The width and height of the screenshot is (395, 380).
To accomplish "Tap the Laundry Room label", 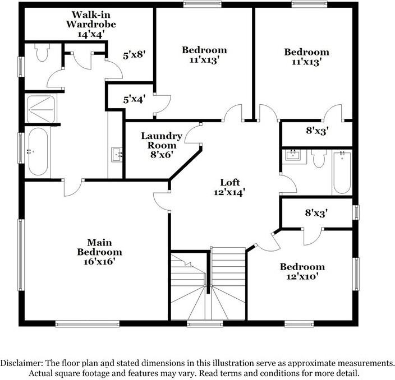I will pyautogui.click(x=161, y=145).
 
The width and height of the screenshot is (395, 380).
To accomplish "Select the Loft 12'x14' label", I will pyautogui.click(x=230, y=187).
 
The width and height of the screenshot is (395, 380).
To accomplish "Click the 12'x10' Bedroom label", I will pyautogui.click(x=302, y=271).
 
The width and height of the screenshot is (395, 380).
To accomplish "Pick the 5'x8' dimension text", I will pyautogui.click(x=134, y=55).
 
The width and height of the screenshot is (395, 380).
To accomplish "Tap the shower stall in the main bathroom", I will pyautogui.click(x=41, y=109).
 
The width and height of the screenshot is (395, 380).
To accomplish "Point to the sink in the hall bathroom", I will pyautogui.click(x=293, y=155).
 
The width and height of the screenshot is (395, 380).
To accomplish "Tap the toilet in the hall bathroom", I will pyautogui.click(x=319, y=159).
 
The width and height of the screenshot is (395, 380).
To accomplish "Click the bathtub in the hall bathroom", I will pyautogui.click(x=341, y=171).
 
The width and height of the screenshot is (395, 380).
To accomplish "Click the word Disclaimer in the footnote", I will pyautogui.click(x=21, y=363).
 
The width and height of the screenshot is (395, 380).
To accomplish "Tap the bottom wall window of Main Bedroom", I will pyautogui.click(x=87, y=323).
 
